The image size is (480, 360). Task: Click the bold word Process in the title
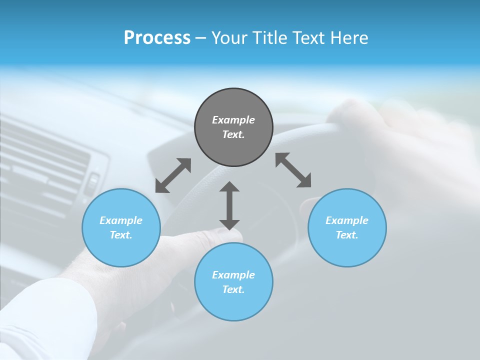coord(157,38)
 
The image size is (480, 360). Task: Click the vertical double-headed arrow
coord(229,205)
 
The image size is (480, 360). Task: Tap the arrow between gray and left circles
coord(173,175)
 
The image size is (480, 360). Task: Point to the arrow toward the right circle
coord(293,170)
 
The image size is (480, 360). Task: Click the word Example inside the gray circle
coord(233,120)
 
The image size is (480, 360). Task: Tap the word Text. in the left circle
coord(121,235)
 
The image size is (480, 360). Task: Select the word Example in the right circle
coord(347,220)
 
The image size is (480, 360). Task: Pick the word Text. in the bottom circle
coord(233,289)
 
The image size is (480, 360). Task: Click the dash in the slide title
coord(200,38)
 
